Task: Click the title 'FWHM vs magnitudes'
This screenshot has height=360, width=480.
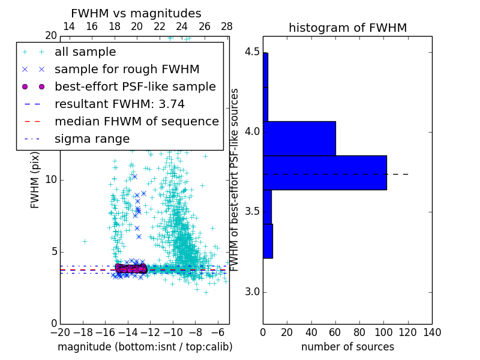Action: [x=136, y=14]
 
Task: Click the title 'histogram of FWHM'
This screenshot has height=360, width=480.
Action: [x=347, y=28]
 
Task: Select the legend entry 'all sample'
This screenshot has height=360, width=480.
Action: [x=85, y=52]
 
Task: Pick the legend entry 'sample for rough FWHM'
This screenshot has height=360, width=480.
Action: [x=127, y=70]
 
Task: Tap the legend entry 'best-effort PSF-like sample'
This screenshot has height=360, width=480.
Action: [x=135, y=87]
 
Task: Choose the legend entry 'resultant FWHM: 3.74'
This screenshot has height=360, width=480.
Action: [x=119, y=104]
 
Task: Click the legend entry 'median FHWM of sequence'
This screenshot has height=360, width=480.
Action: [x=136, y=122]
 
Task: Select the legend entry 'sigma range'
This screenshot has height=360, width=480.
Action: [x=92, y=139]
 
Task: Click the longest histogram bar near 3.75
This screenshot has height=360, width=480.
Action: [x=325, y=173]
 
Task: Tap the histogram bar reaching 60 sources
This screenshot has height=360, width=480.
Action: [x=299, y=138]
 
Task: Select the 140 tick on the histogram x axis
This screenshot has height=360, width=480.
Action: [x=432, y=332]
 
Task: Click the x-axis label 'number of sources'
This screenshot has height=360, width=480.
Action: [x=347, y=347]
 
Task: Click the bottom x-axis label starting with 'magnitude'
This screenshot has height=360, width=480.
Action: [x=145, y=347]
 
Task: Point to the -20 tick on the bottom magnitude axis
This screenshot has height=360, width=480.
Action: [x=60, y=332]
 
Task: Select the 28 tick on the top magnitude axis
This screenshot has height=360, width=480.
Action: [x=227, y=26]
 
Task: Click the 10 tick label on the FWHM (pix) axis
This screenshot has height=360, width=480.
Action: [x=50, y=180]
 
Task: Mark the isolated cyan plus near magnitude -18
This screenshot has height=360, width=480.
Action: [x=85, y=241]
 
